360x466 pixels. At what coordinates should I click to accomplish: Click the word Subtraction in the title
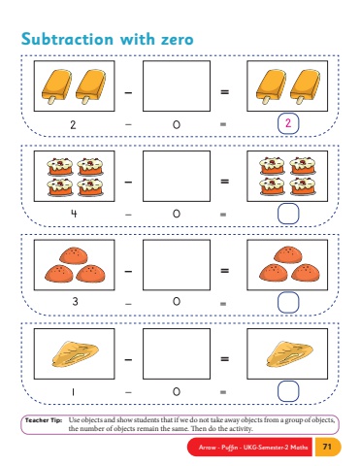pos(67,39)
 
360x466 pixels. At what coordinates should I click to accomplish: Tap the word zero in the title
pos(178,40)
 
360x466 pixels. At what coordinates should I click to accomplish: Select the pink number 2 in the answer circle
pos(288,123)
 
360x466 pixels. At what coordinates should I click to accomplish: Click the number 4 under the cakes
pos(74,214)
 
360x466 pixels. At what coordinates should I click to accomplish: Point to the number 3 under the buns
pos(75,302)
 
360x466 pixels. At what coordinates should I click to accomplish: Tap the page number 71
pos(327,447)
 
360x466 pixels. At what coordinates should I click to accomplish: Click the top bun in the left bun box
pos(74,255)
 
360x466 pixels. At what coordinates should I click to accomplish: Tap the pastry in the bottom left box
pos(75,354)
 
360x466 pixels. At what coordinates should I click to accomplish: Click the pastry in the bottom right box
pos(289,354)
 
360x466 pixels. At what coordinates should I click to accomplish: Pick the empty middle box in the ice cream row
pos(177,86)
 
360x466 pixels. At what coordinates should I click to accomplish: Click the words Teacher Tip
pos(44,420)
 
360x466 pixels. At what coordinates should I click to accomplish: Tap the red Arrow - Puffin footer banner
pos(249,447)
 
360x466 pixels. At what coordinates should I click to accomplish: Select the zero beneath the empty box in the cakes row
pos(177,214)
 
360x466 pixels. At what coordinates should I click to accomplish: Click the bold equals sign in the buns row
pos(224,270)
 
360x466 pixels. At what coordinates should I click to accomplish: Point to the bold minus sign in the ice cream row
pos(128,92)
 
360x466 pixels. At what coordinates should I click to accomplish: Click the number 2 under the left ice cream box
pos(73,124)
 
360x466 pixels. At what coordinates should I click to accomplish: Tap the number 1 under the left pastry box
pos(73,392)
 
